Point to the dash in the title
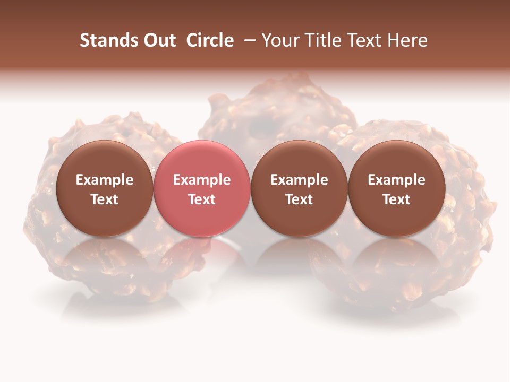250,40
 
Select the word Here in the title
409,40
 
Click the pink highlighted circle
202,159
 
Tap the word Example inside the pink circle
202,180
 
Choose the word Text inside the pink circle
202,199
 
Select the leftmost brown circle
105,159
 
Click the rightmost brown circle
397,159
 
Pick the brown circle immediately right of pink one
299,159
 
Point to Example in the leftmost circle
105,180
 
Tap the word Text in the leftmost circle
105,199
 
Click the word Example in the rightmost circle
397,180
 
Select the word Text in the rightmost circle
397,199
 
